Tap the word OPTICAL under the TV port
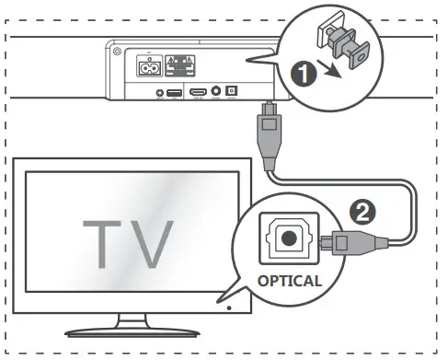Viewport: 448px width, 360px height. click(288, 281)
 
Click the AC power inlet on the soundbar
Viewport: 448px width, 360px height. click(149, 66)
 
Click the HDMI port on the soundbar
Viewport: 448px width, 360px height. click(198, 93)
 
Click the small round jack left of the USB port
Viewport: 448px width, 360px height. click(160, 93)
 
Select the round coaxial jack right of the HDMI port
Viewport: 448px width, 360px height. click(217, 93)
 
